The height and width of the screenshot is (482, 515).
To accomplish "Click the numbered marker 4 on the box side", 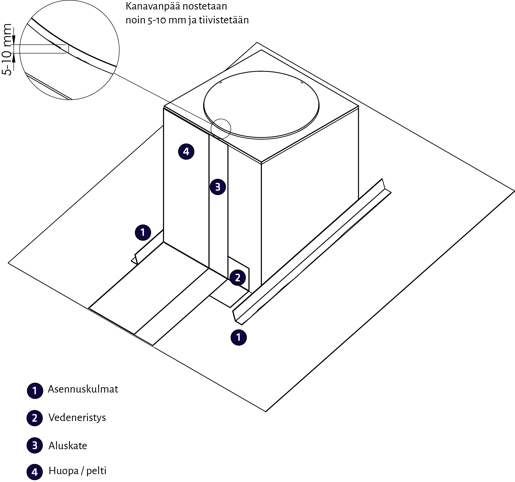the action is (x=186, y=151).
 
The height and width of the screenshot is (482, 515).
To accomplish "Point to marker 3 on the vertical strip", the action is (x=218, y=187).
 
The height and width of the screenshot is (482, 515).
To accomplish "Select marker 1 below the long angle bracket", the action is (x=238, y=337).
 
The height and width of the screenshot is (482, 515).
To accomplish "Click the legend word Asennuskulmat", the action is (x=83, y=389).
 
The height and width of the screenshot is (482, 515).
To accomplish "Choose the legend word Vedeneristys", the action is (x=77, y=418).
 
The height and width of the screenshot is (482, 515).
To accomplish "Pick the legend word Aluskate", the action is (x=68, y=446).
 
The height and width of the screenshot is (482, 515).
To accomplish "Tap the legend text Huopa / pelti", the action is (x=78, y=471).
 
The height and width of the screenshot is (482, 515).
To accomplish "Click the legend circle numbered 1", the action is (x=35, y=391).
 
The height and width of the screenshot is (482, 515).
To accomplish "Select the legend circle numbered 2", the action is (x=35, y=418).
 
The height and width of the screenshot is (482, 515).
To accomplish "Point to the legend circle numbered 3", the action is (x=35, y=445).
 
